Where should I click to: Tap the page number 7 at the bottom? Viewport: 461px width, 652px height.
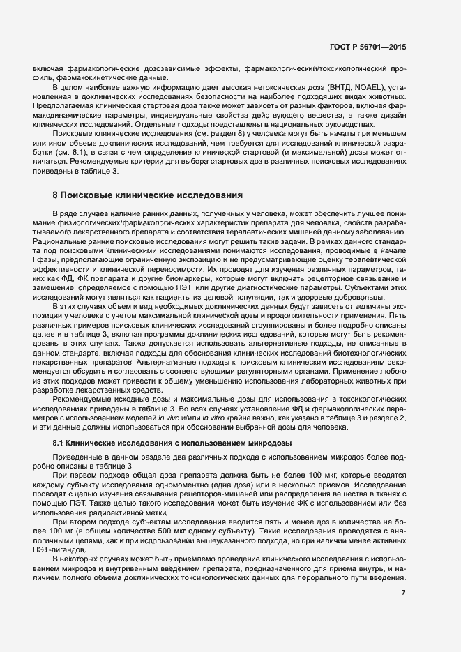click(403, 593)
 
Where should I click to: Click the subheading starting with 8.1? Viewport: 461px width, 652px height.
click(172, 443)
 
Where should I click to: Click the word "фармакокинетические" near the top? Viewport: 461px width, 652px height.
click(79, 77)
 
